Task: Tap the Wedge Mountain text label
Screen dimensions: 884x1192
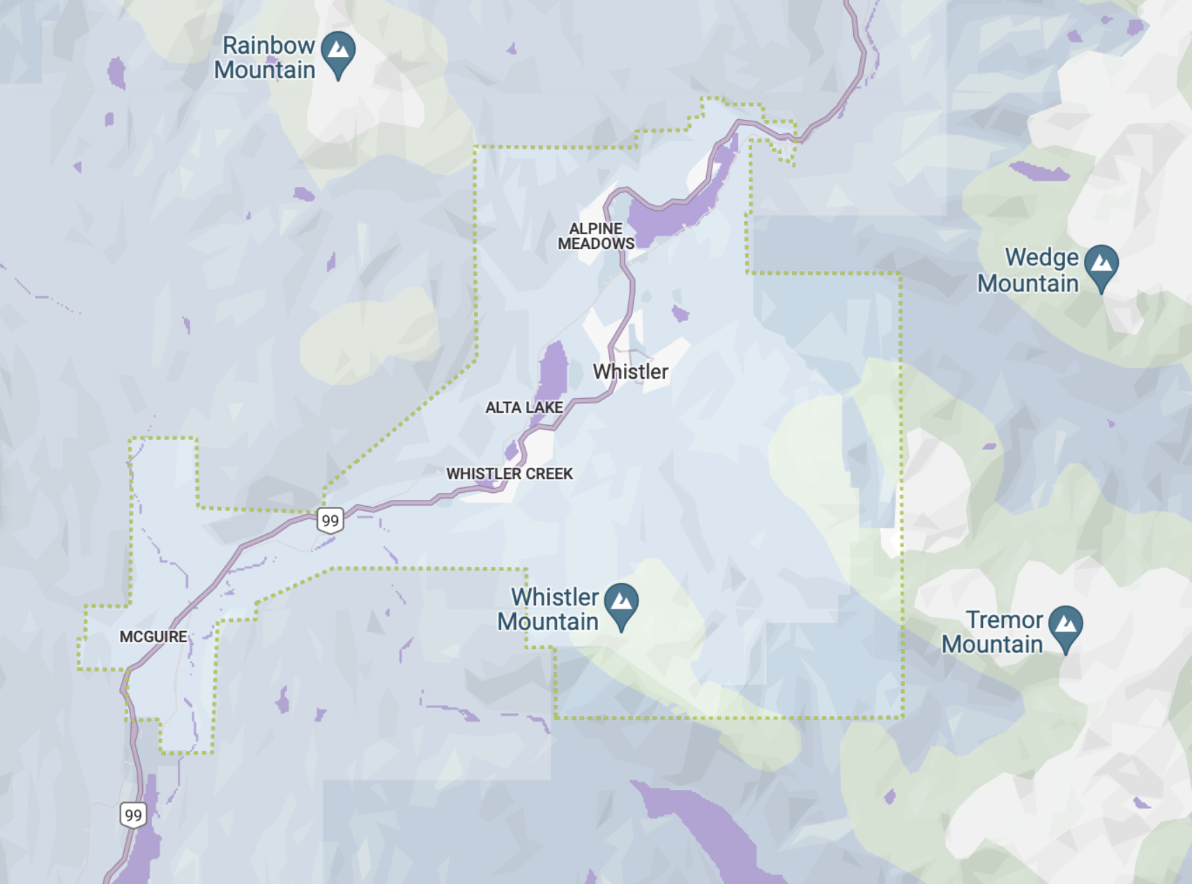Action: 1028,270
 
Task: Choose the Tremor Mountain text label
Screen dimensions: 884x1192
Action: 993,632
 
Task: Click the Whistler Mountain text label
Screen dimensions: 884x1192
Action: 548,609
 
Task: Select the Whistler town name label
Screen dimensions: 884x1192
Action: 630,372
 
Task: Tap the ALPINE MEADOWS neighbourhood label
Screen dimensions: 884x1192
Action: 596,236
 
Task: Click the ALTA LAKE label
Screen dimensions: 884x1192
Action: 524,407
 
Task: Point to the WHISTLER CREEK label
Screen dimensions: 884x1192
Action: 510,473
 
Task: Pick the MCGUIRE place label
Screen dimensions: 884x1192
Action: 153,637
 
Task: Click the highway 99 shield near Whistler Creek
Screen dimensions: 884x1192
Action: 330,520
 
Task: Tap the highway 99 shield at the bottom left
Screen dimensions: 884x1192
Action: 133,814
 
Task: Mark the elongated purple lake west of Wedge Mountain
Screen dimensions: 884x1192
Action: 1039,171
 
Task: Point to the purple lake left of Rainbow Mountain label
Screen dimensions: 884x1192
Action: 116,73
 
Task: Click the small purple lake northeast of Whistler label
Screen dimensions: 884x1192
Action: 680,314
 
